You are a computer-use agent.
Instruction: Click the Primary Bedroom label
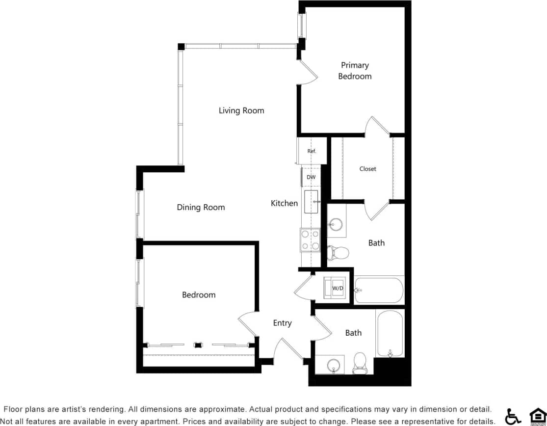(355, 71)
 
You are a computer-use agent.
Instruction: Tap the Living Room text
(241, 110)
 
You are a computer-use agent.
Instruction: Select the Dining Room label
(201, 207)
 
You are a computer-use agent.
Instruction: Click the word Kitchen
(284, 203)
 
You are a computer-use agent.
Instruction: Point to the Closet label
(367, 169)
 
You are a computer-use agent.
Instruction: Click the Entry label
(282, 323)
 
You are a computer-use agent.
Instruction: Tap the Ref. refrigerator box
(312, 151)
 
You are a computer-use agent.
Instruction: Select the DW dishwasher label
(311, 177)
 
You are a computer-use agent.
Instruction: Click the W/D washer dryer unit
(338, 288)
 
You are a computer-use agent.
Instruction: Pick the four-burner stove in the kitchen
(311, 240)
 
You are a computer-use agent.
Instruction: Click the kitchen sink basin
(312, 202)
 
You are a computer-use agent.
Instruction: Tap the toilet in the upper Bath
(339, 253)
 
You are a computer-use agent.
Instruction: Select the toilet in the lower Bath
(360, 362)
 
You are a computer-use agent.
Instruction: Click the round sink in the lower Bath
(335, 366)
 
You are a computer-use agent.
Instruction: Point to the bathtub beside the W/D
(379, 291)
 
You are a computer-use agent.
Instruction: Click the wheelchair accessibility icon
(513, 416)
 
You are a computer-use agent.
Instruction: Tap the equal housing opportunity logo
(537, 416)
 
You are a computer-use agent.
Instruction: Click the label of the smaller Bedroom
(199, 294)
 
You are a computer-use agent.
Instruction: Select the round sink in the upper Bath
(337, 225)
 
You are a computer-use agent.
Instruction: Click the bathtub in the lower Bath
(390, 334)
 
